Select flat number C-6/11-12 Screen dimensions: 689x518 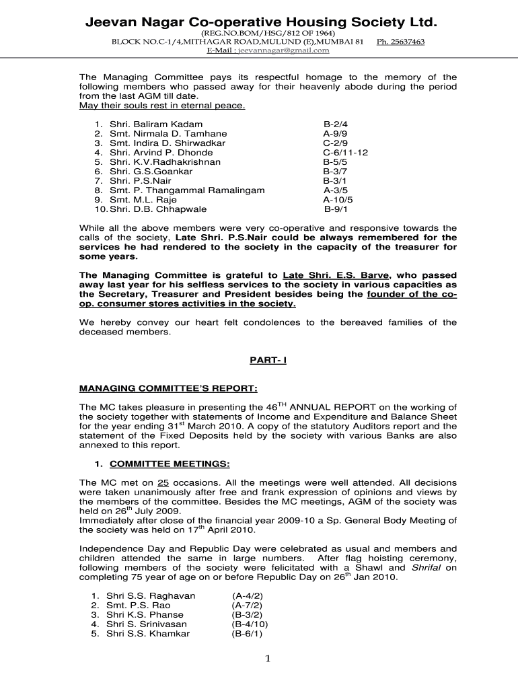click(345, 153)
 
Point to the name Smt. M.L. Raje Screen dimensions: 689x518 click(139, 200)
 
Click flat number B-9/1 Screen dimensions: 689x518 click(336, 209)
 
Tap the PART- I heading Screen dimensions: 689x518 click(268, 361)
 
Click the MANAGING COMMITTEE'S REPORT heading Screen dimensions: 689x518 click(168, 389)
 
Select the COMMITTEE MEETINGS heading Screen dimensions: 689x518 click(170, 464)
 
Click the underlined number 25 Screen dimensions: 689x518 click(163, 483)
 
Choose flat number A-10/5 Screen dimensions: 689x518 click(338, 200)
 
